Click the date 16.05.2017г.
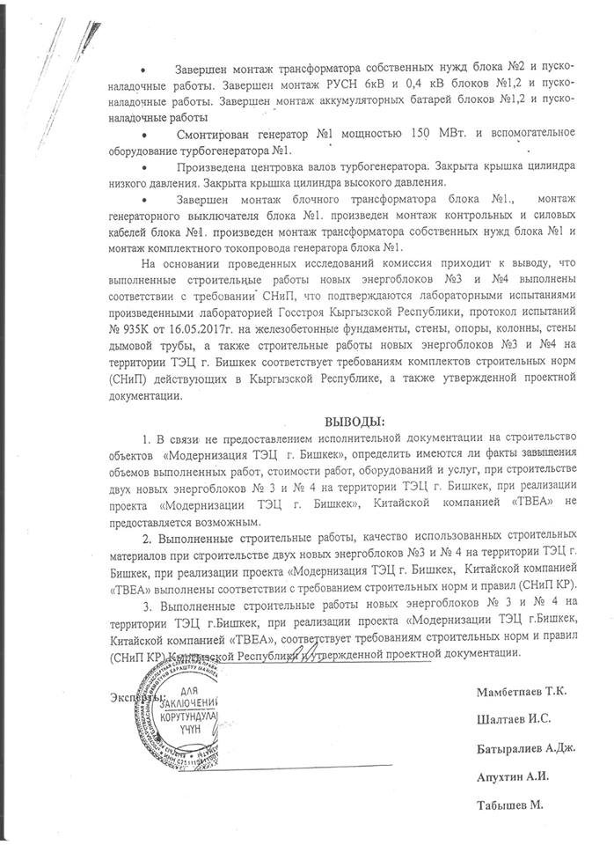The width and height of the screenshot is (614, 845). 181,354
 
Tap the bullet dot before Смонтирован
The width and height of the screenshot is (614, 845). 144,134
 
